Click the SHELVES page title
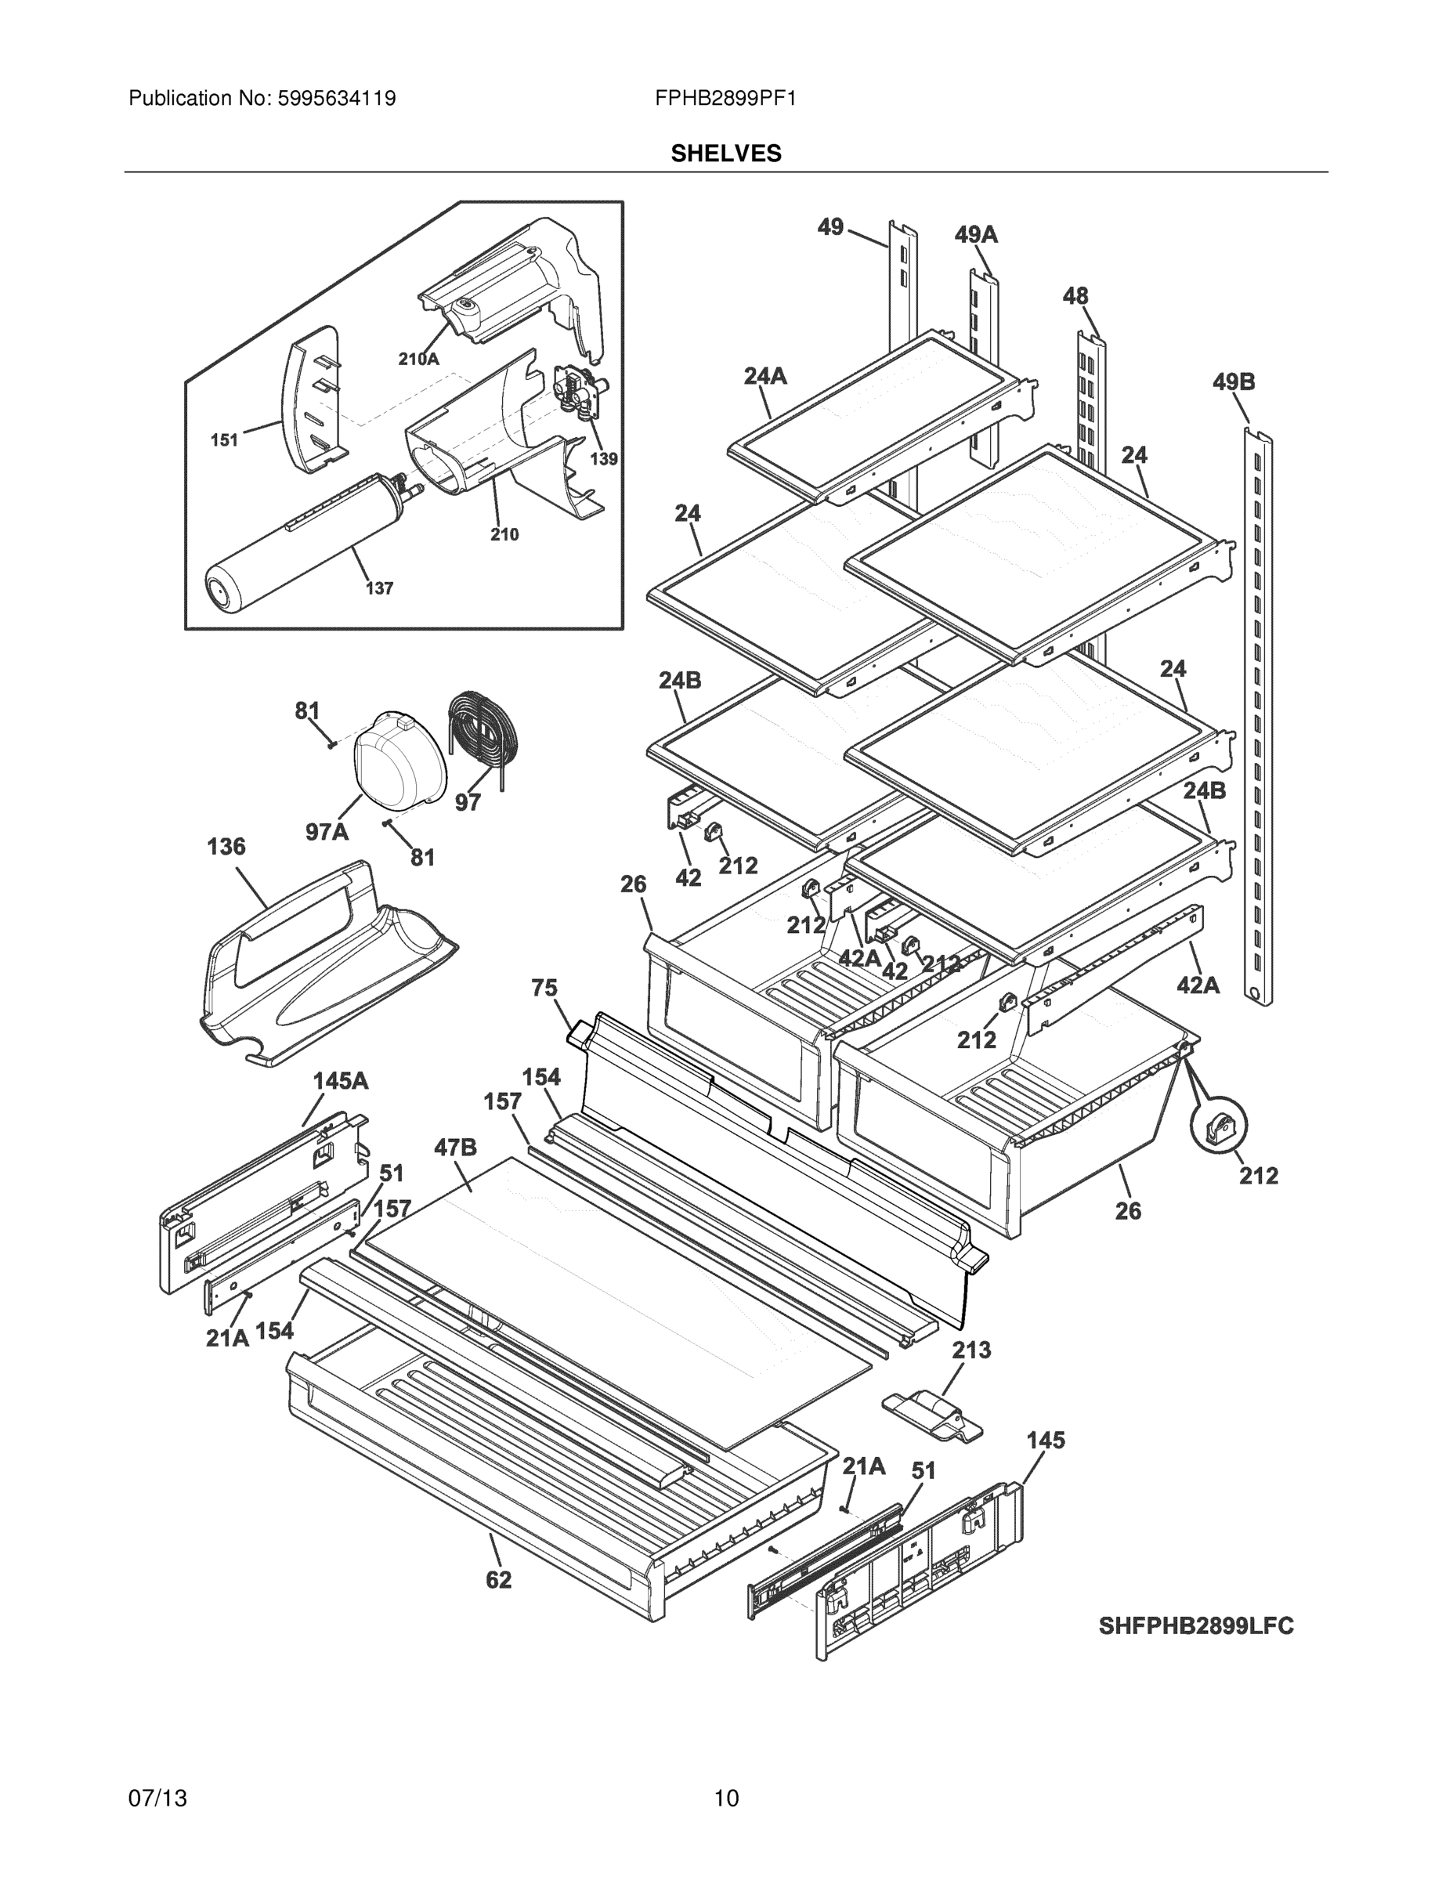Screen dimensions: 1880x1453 point(725,154)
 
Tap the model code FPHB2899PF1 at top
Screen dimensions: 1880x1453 point(725,98)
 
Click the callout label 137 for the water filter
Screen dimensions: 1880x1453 point(379,589)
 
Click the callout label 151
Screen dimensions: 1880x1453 point(225,440)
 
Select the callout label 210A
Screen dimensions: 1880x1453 point(418,359)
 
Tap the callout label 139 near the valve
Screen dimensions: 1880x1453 point(603,459)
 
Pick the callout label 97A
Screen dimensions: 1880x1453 point(327,832)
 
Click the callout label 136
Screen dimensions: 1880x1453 point(226,847)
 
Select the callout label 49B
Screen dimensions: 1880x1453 point(1234,381)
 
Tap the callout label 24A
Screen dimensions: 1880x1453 point(765,375)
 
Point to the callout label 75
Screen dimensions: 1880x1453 point(544,989)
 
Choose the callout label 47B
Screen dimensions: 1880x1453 point(455,1148)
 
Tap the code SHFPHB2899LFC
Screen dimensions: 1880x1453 point(1195,1626)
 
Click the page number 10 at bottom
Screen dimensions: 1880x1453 point(725,1798)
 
